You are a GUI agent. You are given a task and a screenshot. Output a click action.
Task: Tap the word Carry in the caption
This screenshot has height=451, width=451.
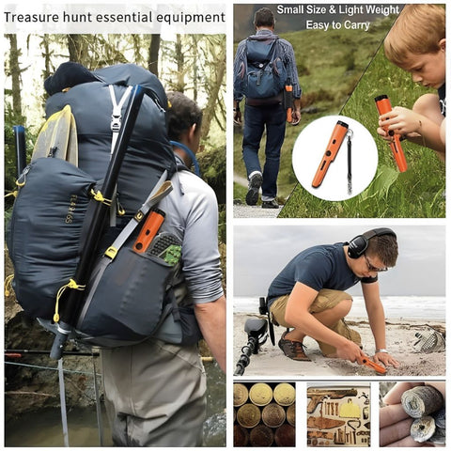click(x=356, y=25)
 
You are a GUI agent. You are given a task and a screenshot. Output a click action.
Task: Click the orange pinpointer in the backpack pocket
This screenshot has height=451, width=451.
click(x=149, y=230)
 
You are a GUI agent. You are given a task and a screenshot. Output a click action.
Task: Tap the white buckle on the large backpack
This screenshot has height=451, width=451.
click(x=116, y=123)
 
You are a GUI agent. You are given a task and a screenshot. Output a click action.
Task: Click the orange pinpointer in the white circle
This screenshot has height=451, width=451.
click(x=330, y=153)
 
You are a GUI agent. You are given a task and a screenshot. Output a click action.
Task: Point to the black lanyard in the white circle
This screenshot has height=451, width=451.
click(x=350, y=162)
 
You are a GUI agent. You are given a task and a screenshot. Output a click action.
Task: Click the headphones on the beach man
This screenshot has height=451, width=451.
click(x=366, y=242)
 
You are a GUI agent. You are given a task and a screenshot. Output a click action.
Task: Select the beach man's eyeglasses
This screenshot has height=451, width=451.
click(x=374, y=265)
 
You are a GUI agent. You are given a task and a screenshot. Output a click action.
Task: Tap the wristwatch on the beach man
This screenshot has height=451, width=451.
click(x=381, y=351)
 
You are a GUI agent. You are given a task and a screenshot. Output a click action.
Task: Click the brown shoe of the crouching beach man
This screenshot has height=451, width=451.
click(x=293, y=347)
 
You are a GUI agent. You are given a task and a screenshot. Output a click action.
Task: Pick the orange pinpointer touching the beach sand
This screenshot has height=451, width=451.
click(x=372, y=365)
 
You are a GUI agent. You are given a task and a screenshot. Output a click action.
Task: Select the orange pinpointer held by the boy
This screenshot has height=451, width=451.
click(x=391, y=132)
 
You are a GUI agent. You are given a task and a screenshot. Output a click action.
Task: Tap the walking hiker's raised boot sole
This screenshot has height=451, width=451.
click(x=254, y=189)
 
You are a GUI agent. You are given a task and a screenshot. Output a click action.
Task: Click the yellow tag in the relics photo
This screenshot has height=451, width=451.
click(x=350, y=408)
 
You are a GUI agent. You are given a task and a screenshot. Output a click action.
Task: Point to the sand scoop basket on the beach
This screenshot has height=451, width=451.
click(x=429, y=339)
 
